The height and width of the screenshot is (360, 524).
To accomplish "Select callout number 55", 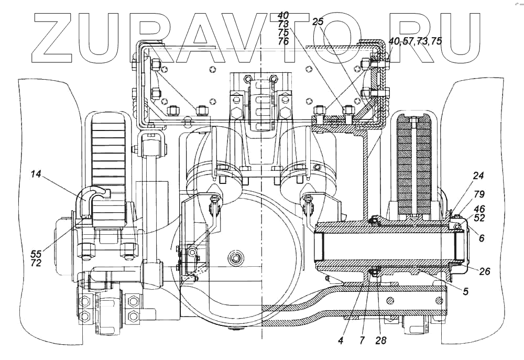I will (x=36, y=253).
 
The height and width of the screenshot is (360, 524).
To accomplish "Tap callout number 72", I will (x=36, y=263).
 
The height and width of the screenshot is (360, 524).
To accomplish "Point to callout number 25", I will (x=318, y=21).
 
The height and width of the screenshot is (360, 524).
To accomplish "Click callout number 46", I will (x=479, y=208).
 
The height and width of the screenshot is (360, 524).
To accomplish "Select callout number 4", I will (x=341, y=340).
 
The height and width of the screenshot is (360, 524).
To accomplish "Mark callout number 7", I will (x=362, y=340).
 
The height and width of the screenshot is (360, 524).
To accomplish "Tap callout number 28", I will (x=381, y=340).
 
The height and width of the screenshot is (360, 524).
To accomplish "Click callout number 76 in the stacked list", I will (x=283, y=41).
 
